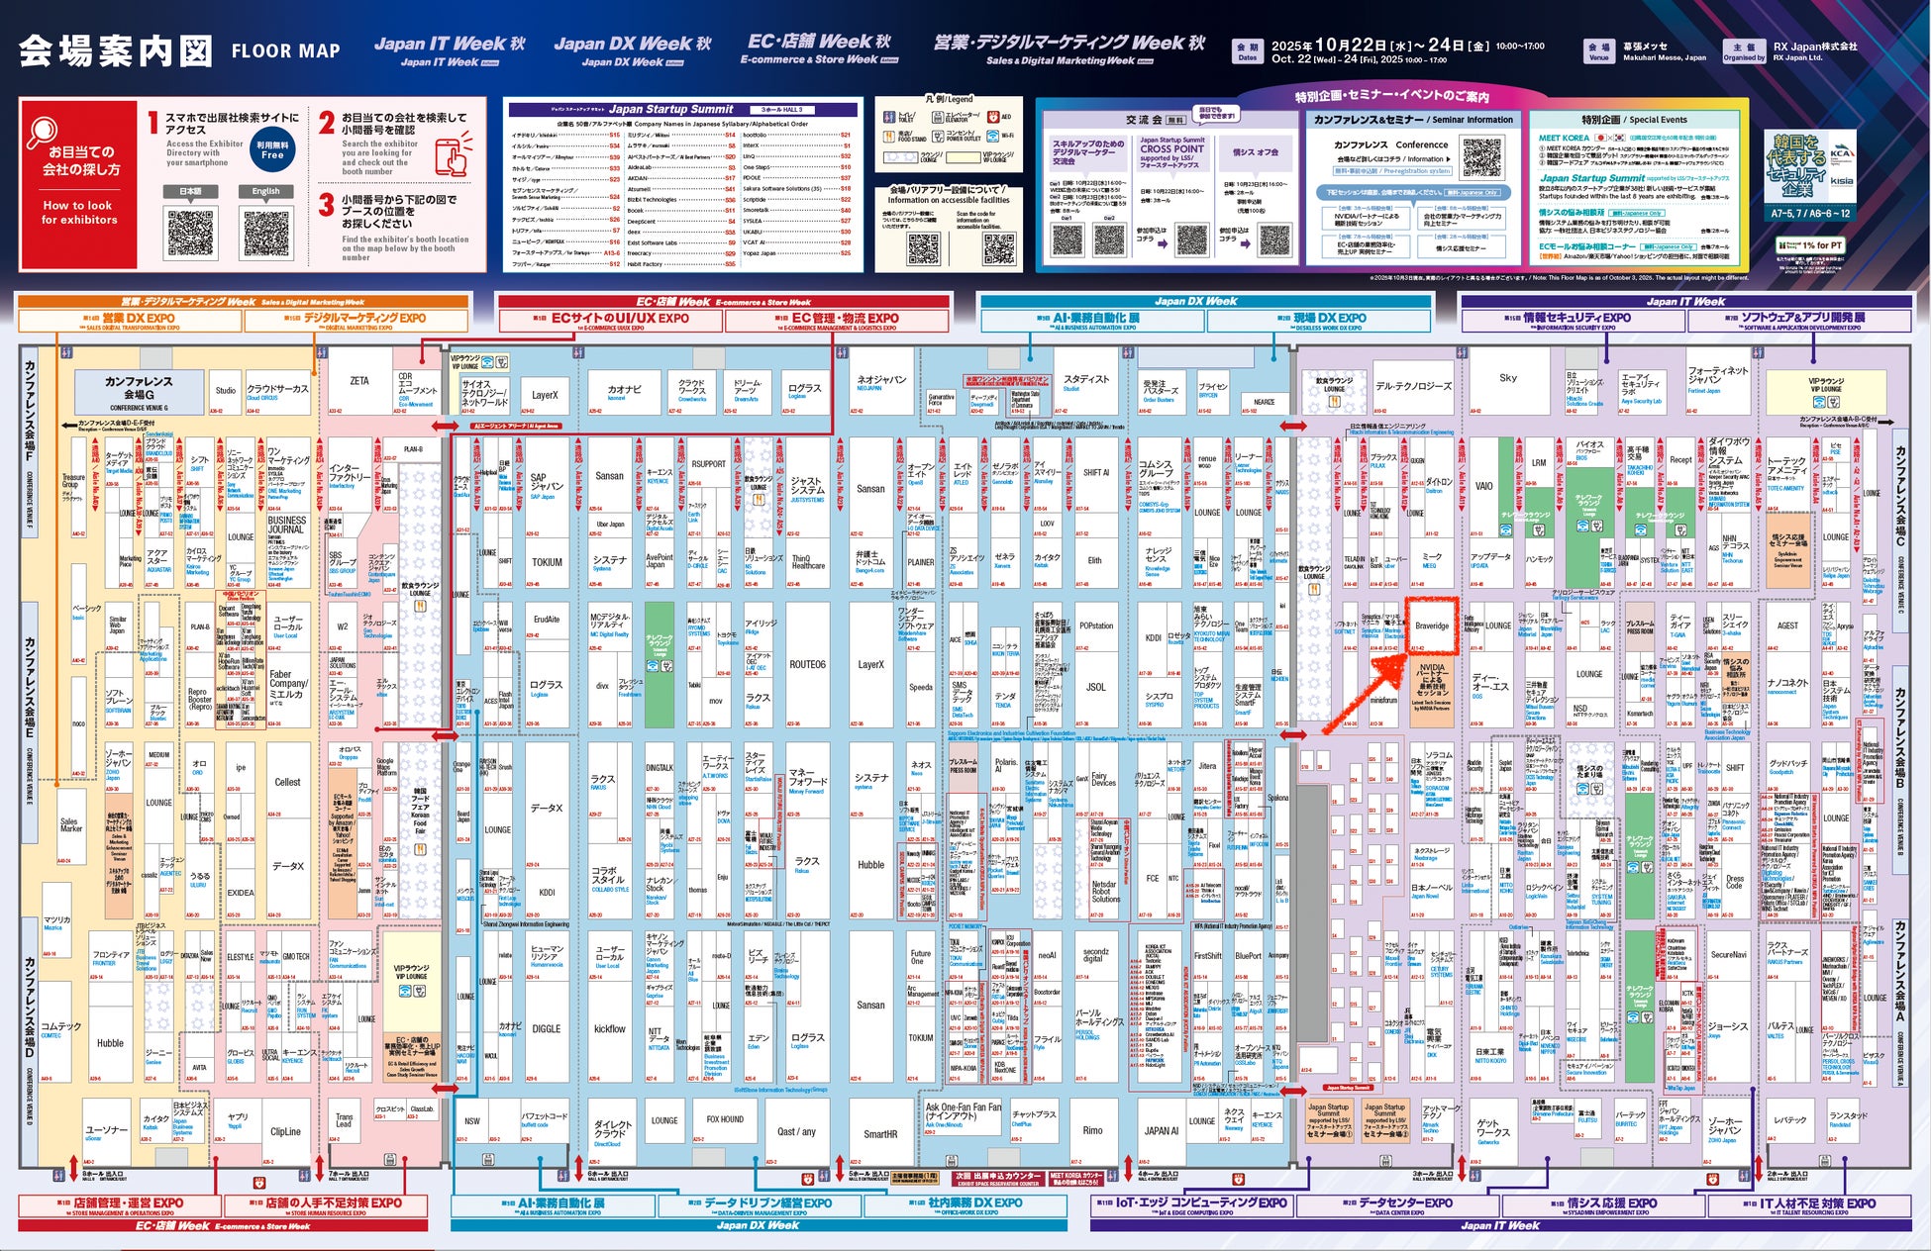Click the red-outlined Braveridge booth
click(1431, 625)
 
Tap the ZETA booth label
click(358, 381)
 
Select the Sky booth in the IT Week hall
click(1507, 378)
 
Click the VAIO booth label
click(1483, 486)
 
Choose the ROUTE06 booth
click(807, 665)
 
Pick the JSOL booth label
click(1095, 686)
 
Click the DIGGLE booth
click(546, 1028)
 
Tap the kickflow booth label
click(609, 1029)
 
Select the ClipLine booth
click(285, 1131)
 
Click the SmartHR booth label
click(879, 1134)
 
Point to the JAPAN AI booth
click(1161, 1130)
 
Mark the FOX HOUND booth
click(725, 1119)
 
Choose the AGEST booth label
click(1787, 625)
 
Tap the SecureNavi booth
click(1728, 955)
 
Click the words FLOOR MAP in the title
click(285, 51)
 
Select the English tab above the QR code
click(265, 191)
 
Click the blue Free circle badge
click(272, 150)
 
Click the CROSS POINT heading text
click(1171, 148)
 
